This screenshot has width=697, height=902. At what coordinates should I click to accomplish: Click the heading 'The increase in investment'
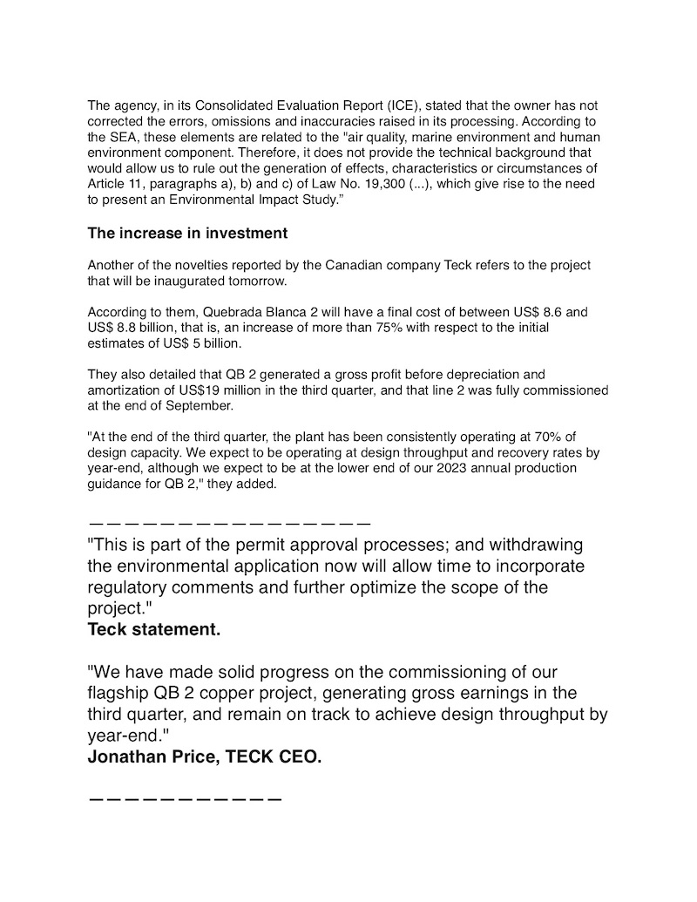187,234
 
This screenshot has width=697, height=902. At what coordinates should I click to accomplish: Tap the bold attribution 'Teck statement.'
154,630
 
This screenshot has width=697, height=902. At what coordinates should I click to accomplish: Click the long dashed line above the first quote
230,525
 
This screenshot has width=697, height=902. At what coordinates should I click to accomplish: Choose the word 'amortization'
123,390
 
